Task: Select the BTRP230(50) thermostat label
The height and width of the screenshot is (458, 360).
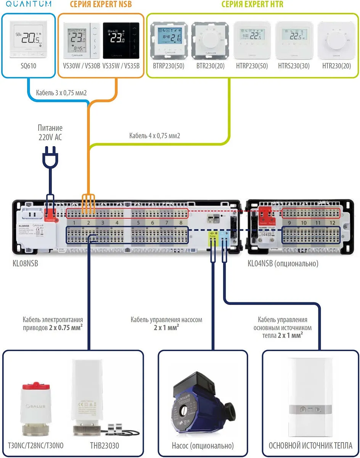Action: click(168, 66)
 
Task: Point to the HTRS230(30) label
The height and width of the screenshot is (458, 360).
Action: click(294, 66)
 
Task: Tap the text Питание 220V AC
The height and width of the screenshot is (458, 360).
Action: click(50, 132)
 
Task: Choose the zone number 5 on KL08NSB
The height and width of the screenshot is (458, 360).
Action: click(138, 223)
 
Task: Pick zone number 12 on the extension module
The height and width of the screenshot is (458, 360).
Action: click(332, 223)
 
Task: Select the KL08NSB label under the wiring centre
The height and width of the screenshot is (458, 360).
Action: click(26, 263)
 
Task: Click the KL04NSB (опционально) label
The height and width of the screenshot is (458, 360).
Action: click(283, 263)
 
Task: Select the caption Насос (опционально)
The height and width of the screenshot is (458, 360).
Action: click(202, 445)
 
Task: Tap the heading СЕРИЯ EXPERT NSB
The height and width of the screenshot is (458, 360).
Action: click(101, 5)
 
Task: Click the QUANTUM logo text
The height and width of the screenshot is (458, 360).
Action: click(28, 4)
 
